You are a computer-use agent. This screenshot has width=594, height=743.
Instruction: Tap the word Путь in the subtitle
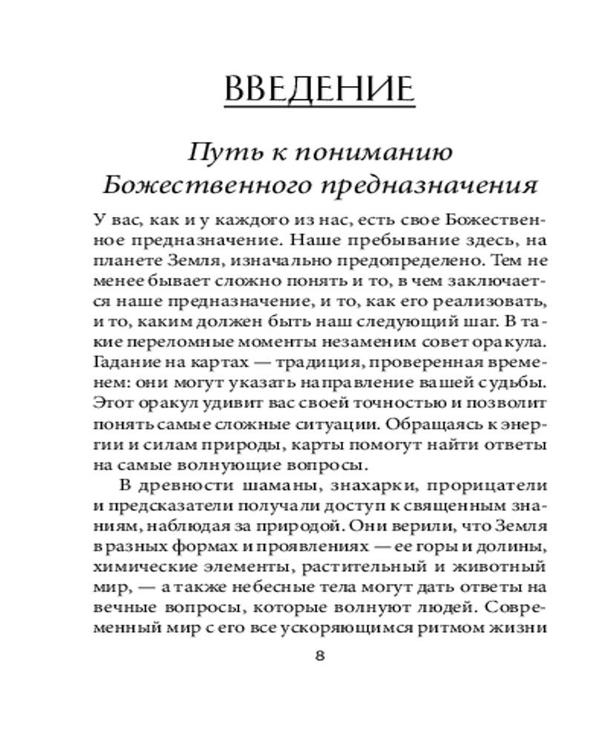point(215,152)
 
